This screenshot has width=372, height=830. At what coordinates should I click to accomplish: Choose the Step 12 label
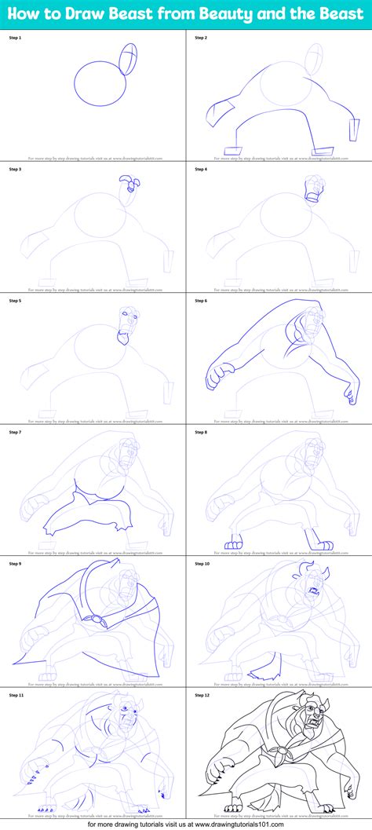click(203, 695)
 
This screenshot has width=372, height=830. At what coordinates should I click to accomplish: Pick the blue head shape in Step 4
click(312, 188)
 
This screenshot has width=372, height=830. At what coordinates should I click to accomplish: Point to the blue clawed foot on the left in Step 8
click(234, 543)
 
